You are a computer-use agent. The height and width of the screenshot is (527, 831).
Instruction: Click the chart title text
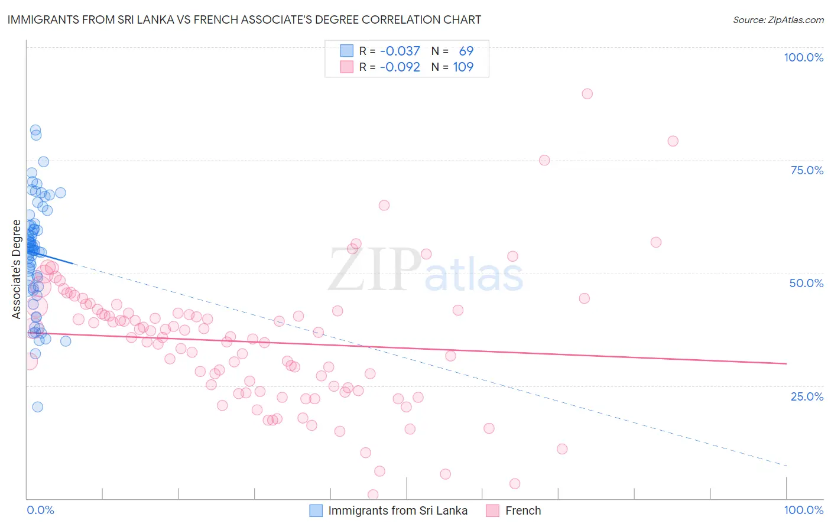coord(244,19)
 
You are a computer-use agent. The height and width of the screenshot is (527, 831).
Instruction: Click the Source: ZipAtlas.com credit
coord(778,19)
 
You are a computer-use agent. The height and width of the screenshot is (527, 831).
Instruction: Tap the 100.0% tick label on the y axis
coord(803,57)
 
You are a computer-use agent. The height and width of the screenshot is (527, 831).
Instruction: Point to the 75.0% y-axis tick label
coord(807,170)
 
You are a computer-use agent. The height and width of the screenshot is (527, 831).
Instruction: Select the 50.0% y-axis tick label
coord(806,283)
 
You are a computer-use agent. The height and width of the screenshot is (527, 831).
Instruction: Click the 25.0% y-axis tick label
coord(807,396)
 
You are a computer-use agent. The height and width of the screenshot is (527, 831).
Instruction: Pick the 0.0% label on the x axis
coord(40,510)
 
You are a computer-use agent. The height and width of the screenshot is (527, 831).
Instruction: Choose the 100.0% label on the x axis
coord(803,510)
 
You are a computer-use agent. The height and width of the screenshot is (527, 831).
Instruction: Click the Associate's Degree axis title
coord(16,269)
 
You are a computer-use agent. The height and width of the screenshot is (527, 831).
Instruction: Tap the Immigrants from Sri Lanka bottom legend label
coord(397,510)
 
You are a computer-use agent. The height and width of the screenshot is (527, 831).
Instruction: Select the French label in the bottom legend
coord(522,510)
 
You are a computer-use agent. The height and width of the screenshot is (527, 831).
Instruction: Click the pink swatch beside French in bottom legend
coord(493,510)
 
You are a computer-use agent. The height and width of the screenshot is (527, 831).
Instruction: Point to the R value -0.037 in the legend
coord(400,51)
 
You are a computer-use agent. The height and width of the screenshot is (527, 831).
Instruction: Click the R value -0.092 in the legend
coord(400,67)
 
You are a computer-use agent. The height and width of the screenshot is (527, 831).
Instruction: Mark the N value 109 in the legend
coord(463,67)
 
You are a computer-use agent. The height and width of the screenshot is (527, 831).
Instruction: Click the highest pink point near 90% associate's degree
coord(587,93)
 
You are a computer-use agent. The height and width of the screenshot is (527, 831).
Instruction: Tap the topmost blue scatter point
coord(35,130)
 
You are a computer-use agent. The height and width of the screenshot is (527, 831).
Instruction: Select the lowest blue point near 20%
coord(37,406)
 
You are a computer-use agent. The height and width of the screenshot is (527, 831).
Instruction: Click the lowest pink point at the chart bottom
coord(373,495)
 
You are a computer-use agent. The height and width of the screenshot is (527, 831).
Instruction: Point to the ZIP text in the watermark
coord(374,270)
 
